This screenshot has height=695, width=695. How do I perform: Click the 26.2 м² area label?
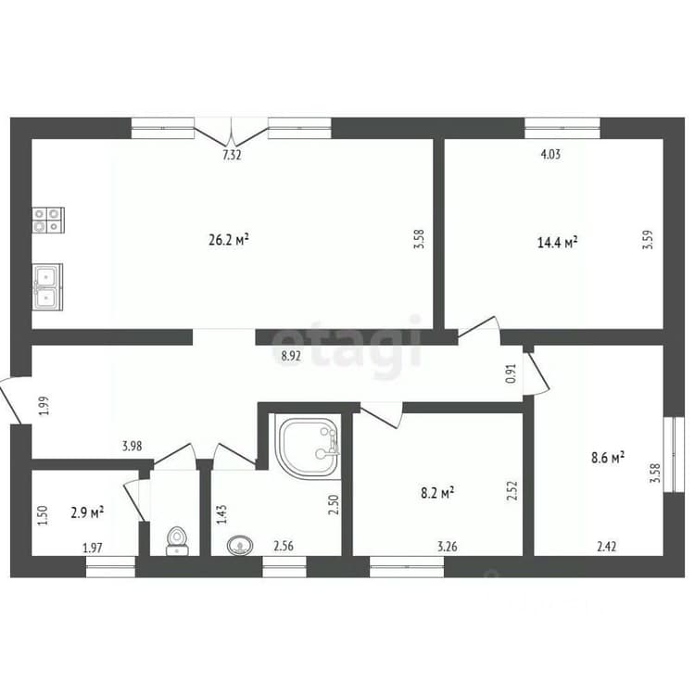(228, 240)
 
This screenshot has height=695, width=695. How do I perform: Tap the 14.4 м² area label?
(557, 243)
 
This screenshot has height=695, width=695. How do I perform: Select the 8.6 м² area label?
(608, 458)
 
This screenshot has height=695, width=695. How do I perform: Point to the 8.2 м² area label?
(437, 492)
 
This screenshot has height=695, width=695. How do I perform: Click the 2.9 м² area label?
(87, 512)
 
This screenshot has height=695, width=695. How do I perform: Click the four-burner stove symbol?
(48, 221)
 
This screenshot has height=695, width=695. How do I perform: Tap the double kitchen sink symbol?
(47, 286)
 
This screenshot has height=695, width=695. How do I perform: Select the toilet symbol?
(177, 541)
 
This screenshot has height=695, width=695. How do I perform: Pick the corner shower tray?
(308, 447)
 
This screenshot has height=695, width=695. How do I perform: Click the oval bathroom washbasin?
(240, 545)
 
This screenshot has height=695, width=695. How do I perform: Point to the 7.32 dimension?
(232, 155)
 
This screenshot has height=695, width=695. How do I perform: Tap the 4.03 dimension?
(550, 154)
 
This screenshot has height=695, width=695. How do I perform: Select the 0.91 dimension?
(512, 373)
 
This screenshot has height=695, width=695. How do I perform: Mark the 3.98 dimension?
(133, 446)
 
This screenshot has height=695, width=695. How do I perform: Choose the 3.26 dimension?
(448, 547)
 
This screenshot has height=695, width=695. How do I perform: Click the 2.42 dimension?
(606, 547)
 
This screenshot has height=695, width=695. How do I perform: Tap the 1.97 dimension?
(93, 548)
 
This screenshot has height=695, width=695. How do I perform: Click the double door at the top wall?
(232, 132)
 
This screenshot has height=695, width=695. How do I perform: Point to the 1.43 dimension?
(221, 514)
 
